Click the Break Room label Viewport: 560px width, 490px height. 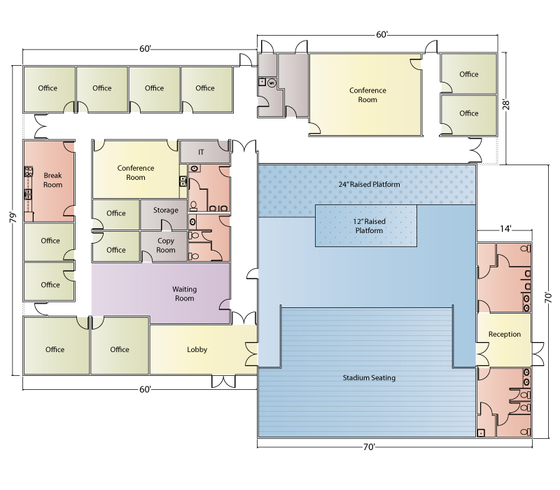point(53,180)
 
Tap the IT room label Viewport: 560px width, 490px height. point(201,152)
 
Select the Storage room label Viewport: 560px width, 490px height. point(166,210)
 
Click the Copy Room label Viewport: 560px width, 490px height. point(166,246)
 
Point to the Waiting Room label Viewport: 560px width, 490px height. point(184,293)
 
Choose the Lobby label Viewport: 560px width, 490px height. point(197,349)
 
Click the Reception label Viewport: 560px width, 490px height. point(505,335)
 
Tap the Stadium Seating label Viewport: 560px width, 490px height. point(369,377)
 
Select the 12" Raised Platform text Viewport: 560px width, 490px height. point(369,225)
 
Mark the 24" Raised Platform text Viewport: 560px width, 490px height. point(369,184)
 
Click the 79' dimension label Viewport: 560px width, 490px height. point(13,218)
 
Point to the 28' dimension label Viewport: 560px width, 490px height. point(506,105)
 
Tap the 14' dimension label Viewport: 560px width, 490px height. point(505,229)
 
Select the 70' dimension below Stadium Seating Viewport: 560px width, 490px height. point(369,447)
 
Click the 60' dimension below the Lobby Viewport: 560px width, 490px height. point(145,389)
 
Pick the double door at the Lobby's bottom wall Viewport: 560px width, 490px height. point(223,381)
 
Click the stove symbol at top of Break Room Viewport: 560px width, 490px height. point(29,171)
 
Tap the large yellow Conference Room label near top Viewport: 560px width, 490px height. point(367,94)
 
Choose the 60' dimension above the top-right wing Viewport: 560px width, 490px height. point(381,34)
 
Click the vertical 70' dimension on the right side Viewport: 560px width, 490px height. point(548,297)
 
